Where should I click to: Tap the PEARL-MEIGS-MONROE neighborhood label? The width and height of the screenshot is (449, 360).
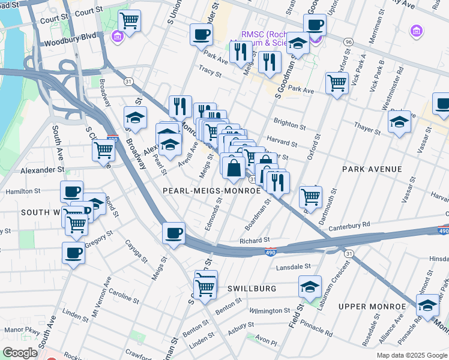point(212,190)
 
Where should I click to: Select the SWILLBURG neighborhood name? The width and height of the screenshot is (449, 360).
point(252,289)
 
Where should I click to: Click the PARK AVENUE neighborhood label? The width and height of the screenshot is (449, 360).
point(372,169)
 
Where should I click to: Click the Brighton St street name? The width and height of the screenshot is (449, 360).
point(290,124)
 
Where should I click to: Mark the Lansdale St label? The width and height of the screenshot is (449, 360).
point(294,266)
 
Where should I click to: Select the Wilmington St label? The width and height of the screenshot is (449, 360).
point(270,311)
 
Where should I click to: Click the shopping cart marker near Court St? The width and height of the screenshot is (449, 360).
point(130,22)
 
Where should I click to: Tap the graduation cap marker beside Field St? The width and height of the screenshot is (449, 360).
point(310,287)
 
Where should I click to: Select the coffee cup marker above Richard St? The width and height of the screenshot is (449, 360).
point(174,233)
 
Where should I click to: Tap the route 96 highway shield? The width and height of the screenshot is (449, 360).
point(348,42)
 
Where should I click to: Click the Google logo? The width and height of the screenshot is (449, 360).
point(20,353)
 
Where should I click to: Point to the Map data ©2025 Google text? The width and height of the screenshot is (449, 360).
point(412,355)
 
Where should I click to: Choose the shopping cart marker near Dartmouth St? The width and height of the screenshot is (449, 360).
point(310,196)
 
